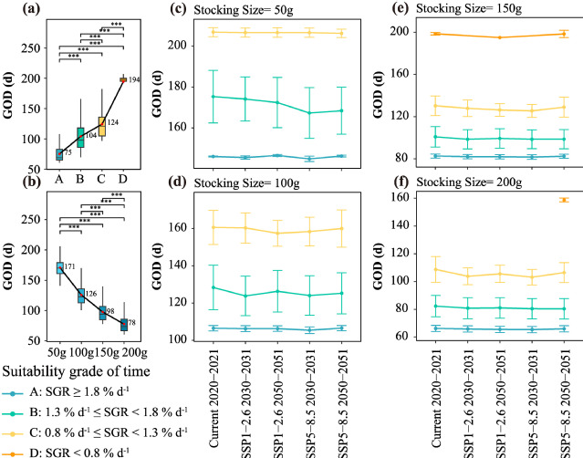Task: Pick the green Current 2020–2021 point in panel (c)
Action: [213, 97]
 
